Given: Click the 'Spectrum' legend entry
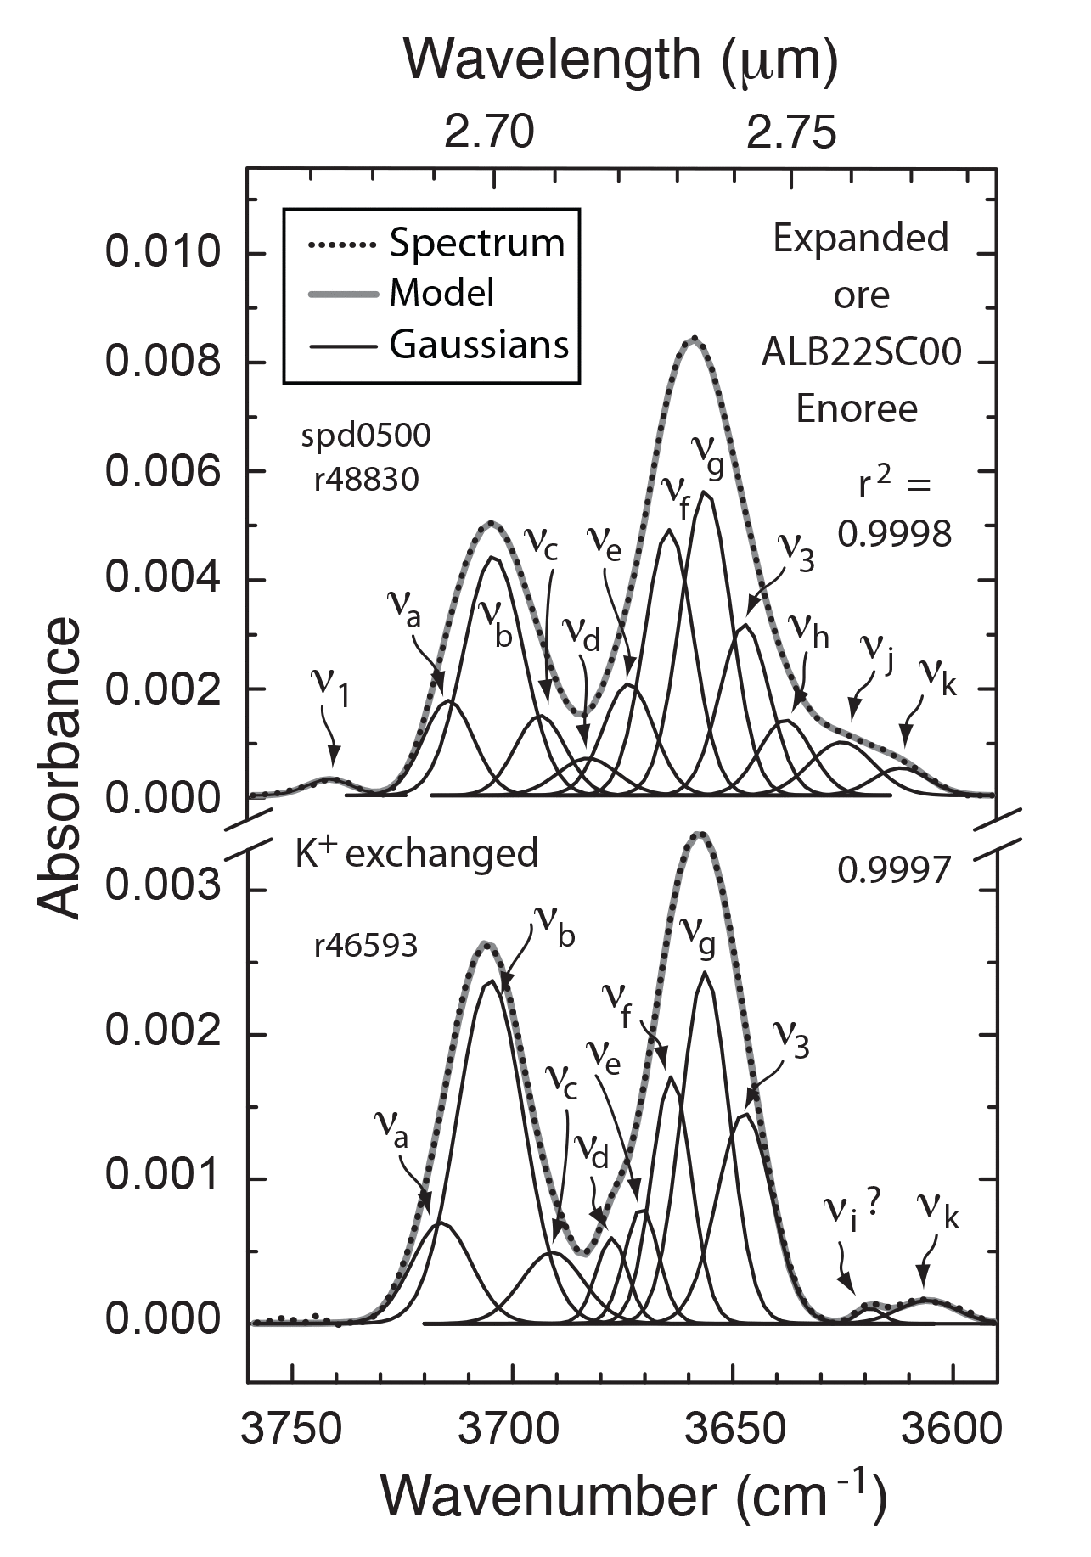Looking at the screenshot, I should pos(476,244).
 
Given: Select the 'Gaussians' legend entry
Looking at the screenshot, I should pos(478,345).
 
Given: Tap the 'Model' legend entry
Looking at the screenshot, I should pos(441,294).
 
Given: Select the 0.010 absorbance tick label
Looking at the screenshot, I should pos(161,253).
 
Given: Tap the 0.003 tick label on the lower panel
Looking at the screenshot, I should pos(161,889).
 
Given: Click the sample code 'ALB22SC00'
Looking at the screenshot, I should pos(860,351).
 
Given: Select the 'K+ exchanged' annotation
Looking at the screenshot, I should pos(416,852).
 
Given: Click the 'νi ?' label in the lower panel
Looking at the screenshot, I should pos(853,1214).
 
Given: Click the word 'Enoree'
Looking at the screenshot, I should pos(857,409).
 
